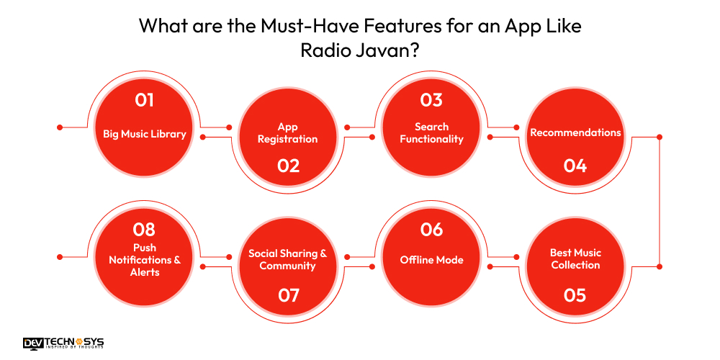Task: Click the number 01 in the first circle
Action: (144, 99)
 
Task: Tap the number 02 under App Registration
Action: (288, 166)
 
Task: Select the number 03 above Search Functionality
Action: (431, 99)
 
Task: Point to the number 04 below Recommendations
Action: (575, 166)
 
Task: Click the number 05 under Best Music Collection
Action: (575, 295)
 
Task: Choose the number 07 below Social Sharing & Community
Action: (288, 295)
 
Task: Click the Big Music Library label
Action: (144, 133)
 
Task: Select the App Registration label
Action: (288, 133)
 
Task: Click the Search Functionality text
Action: (431, 133)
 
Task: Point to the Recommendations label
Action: (575, 132)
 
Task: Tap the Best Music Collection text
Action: (575, 259)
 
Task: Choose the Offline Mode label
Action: (431, 260)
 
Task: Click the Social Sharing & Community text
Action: (288, 260)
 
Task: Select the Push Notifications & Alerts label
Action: (144, 260)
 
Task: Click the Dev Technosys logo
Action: (63, 343)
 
